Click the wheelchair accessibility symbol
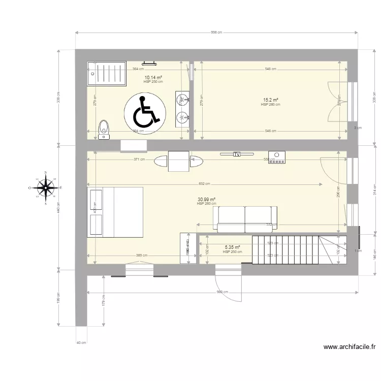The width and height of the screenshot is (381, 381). click(x=145, y=111)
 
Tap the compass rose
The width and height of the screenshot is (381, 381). click(x=46, y=188)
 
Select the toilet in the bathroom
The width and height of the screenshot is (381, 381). click(x=104, y=129)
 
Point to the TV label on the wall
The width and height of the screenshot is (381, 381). click(x=236, y=154)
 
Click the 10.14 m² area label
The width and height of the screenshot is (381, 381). click(x=153, y=78)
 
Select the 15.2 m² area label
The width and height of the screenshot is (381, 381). click(x=270, y=100)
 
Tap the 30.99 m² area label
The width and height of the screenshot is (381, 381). click(x=206, y=200)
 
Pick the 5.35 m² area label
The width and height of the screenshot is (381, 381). click(x=232, y=248)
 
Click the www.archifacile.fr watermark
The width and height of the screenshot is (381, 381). click(x=350, y=347)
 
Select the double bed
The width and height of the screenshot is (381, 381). click(x=115, y=212)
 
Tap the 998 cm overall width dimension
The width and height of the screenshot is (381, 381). click(x=216, y=32)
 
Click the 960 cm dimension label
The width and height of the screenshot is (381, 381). click(x=223, y=292)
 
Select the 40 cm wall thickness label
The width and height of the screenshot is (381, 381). click(x=80, y=343)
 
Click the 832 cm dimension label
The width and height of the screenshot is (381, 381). click(x=205, y=184)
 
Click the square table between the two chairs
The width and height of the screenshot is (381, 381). click(x=179, y=162)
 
